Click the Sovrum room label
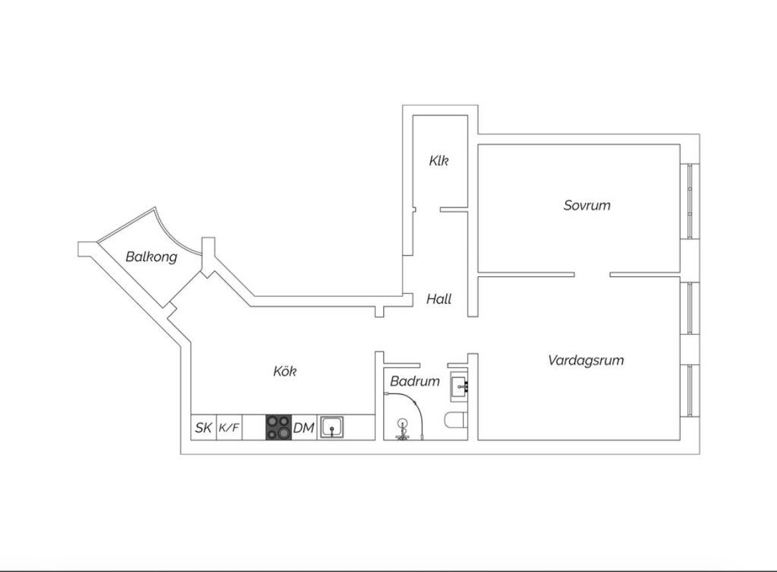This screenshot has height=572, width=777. pyautogui.click(x=586, y=205)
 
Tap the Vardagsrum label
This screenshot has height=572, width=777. pyautogui.click(x=586, y=360)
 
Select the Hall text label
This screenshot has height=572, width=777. pyautogui.click(x=439, y=299)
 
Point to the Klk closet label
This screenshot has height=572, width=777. pyautogui.click(x=439, y=161)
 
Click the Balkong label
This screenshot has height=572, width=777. pyautogui.click(x=151, y=256)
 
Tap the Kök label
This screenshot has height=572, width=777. pyautogui.click(x=285, y=371)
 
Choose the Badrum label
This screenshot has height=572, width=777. pyautogui.click(x=415, y=381)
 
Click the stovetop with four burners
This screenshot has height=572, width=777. pyautogui.click(x=278, y=427)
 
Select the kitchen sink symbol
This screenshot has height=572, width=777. pyautogui.click(x=331, y=427)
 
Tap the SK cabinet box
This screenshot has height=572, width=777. pyautogui.click(x=204, y=427)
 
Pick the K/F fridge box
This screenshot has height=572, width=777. pyautogui.click(x=229, y=427)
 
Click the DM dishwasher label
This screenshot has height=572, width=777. pyautogui.click(x=303, y=427)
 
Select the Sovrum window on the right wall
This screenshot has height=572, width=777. pyautogui.click(x=690, y=201)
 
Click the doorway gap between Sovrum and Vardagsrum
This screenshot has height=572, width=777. pyautogui.click(x=592, y=274)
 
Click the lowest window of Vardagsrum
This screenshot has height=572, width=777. pyautogui.click(x=690, y=390)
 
